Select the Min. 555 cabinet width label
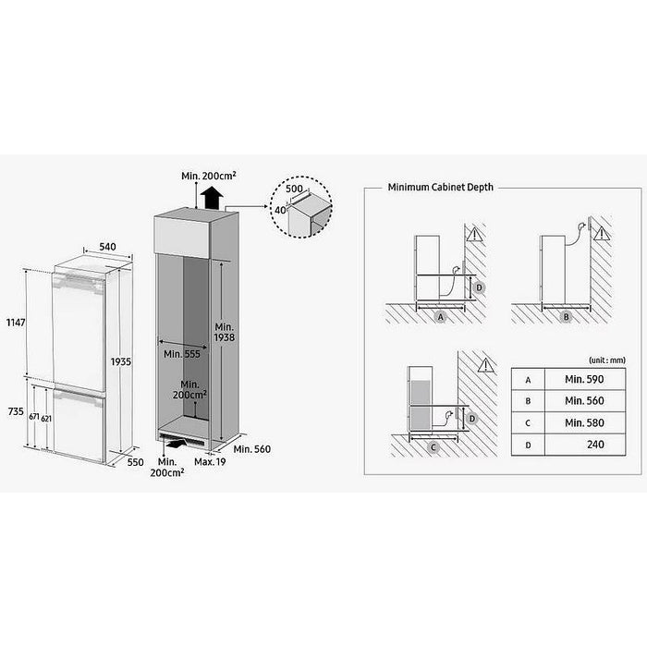[x=180, y=354]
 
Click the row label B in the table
[x=526, y=401]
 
